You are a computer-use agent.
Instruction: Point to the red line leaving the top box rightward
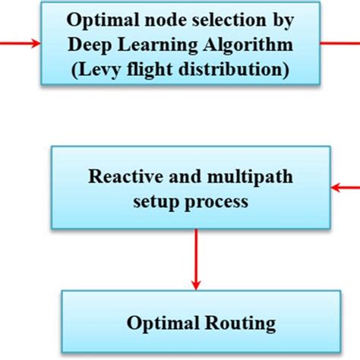(340, 42)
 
